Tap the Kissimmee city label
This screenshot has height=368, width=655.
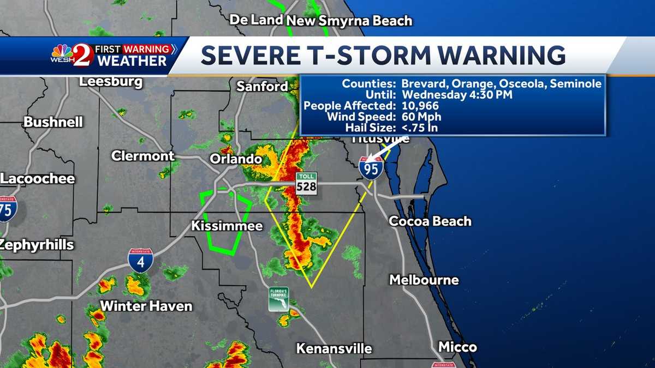coord(227,226)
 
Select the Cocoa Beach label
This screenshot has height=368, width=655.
coord(430,221)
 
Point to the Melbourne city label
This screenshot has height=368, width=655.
coord(424,280)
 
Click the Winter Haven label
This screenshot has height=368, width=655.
coord(146,306)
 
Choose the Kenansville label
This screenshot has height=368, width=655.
coord(334,348)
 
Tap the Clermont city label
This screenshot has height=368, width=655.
coord(143,156)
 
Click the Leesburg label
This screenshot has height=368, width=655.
coord(111,82)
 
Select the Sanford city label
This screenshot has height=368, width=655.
coord(262,86)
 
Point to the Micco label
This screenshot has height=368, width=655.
coord(457,347)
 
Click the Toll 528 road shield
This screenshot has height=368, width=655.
coord(306,182)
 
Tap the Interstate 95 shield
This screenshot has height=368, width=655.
coord(371,167)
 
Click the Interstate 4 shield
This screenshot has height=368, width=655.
coord(140,261)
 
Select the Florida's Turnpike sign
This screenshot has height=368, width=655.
coord(278,299)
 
